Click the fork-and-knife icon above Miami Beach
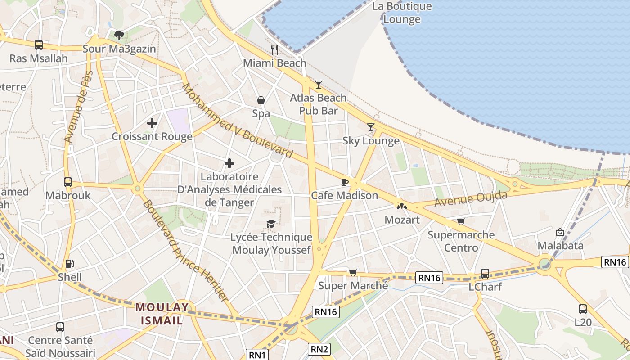pyautogui.click(x=274, y=49)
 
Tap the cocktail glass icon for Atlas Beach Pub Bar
pyautogui.click(x=319, y=84)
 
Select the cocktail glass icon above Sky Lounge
pyautogui.click(x=370, y=127)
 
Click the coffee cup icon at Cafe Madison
pyautogui.click(x=344, y=182)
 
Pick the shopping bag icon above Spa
pyautogui.click(x=261, y=100)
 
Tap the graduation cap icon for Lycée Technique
pyautogui.click(x=271, y=224)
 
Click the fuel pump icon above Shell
pyautogui.click(x=69, y=264)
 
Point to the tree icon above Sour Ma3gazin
pyautogui.click(x=119, y=35)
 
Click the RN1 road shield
pyautogui.click(x=257, y=355)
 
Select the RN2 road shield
pyautogui.click(x=319, y=349)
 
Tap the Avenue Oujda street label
pyautogui.click(x=471, y=199)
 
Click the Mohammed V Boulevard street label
pyautogui.click(x=237, y=121)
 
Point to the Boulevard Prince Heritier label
pyautogui.click(x=185, y=251)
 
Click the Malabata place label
pyautogui.click(x=561, y=246)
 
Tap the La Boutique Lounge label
pyautogui.click(x=402, y=13)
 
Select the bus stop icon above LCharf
pyautogui.click(x=485, y=273)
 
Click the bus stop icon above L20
pyautogui.click(x=582, y=309)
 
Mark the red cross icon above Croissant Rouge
pyautogui.click(x=152, y=123)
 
